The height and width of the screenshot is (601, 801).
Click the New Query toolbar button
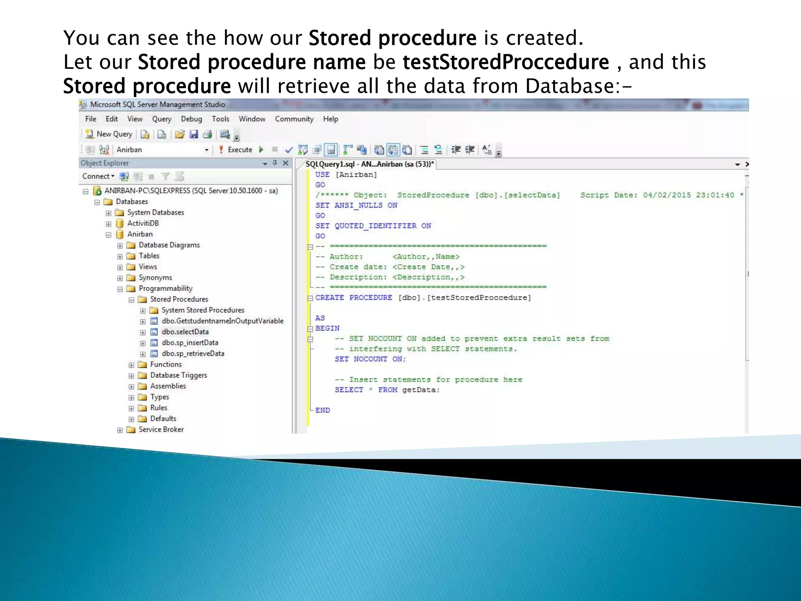tap(109, 134)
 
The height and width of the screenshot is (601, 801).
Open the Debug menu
tap(191, 119)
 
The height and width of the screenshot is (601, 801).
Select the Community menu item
tap(294, 119)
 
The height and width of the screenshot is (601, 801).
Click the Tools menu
tap(221, 119)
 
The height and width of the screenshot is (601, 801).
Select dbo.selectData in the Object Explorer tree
tap(185, 332)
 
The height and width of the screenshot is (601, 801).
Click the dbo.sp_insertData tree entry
tap(190, 343)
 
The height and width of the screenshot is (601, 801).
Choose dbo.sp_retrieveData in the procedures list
tap(193, 354)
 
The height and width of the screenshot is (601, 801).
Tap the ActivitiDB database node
tap(143, 223)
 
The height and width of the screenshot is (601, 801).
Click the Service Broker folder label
tap(161, 430)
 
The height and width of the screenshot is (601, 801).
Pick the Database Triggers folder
tap(178, 375)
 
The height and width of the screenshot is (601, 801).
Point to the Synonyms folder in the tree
tap(155, 278)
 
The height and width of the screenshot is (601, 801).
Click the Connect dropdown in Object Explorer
tap(98, 176)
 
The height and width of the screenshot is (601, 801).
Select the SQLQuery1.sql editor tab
tap(369, 164)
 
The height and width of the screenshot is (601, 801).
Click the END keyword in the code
tap(323, 410)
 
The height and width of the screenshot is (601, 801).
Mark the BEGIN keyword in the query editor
tap(327, 329)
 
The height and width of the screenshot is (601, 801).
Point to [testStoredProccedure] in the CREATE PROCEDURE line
tap(479, 298)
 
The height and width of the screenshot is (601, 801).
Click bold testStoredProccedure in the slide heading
tap(506, 62)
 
